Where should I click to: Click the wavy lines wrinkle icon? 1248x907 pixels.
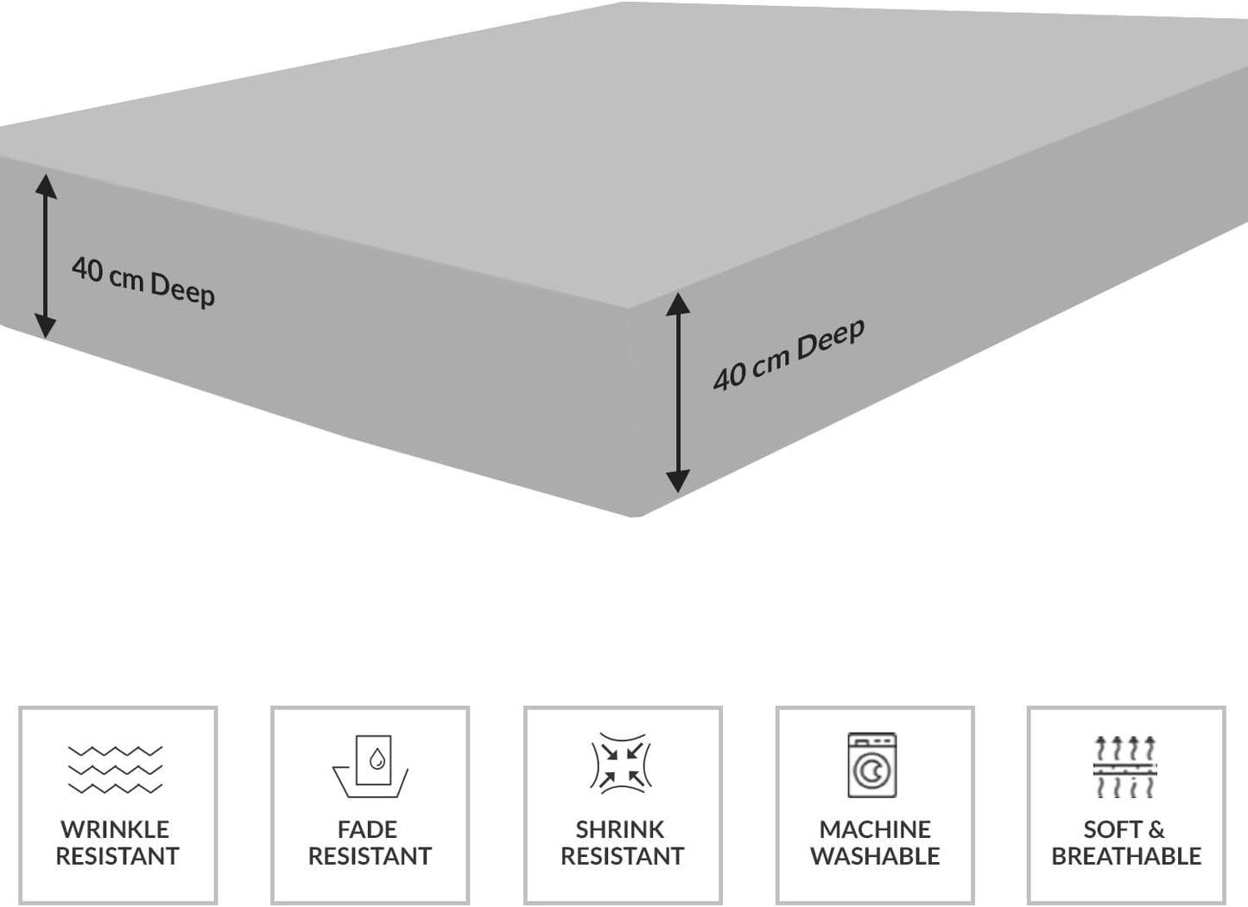(115, 769)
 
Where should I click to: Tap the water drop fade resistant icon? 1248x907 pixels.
(371, 765)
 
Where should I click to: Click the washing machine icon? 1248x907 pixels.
(871, 765)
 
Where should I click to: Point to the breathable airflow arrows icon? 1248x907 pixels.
(1124, 766)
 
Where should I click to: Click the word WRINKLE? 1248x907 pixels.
(115, 829)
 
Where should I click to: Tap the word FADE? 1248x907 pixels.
(367, 829)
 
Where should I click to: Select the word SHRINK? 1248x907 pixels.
(620, 829)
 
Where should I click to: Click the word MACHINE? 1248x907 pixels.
(875, 829)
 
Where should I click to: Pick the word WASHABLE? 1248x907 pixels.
(875, 856)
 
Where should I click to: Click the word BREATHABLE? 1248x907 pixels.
(1126, 856)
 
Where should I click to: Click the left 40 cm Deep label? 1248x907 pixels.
(143, 281)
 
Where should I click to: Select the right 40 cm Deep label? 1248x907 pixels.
(789, 354)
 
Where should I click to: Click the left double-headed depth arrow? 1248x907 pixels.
(46, 256)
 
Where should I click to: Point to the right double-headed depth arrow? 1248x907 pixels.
(678, 393)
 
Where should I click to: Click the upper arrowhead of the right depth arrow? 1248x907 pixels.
(678, 302)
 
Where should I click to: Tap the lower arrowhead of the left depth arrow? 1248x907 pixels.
(46, 327)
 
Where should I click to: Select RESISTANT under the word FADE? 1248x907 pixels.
(370, 856)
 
